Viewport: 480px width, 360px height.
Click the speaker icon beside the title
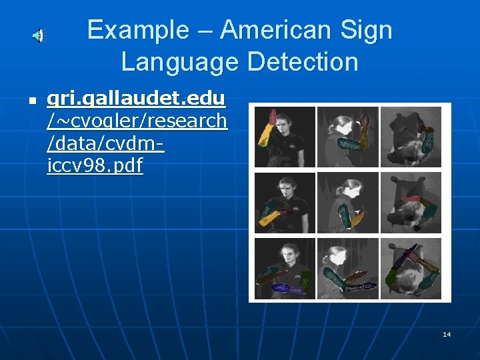point(39,36)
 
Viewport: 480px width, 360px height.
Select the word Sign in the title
point(367,30)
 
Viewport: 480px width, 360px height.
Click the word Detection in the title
point(303,62)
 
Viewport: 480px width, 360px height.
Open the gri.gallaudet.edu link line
point(136,100)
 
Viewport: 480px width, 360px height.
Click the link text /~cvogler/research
point(137,121)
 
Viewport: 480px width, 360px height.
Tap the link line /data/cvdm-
point(106,143)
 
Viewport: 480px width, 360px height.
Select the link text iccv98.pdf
point(95,165)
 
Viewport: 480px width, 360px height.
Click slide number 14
point(447,334)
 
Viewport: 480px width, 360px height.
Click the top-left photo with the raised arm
point(285,137)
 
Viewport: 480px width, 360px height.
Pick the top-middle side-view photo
point(347,137)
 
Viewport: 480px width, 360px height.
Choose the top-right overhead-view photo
point(411,137)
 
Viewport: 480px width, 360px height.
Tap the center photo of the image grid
point(347,202)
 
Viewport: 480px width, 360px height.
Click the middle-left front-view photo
point(285,202)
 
